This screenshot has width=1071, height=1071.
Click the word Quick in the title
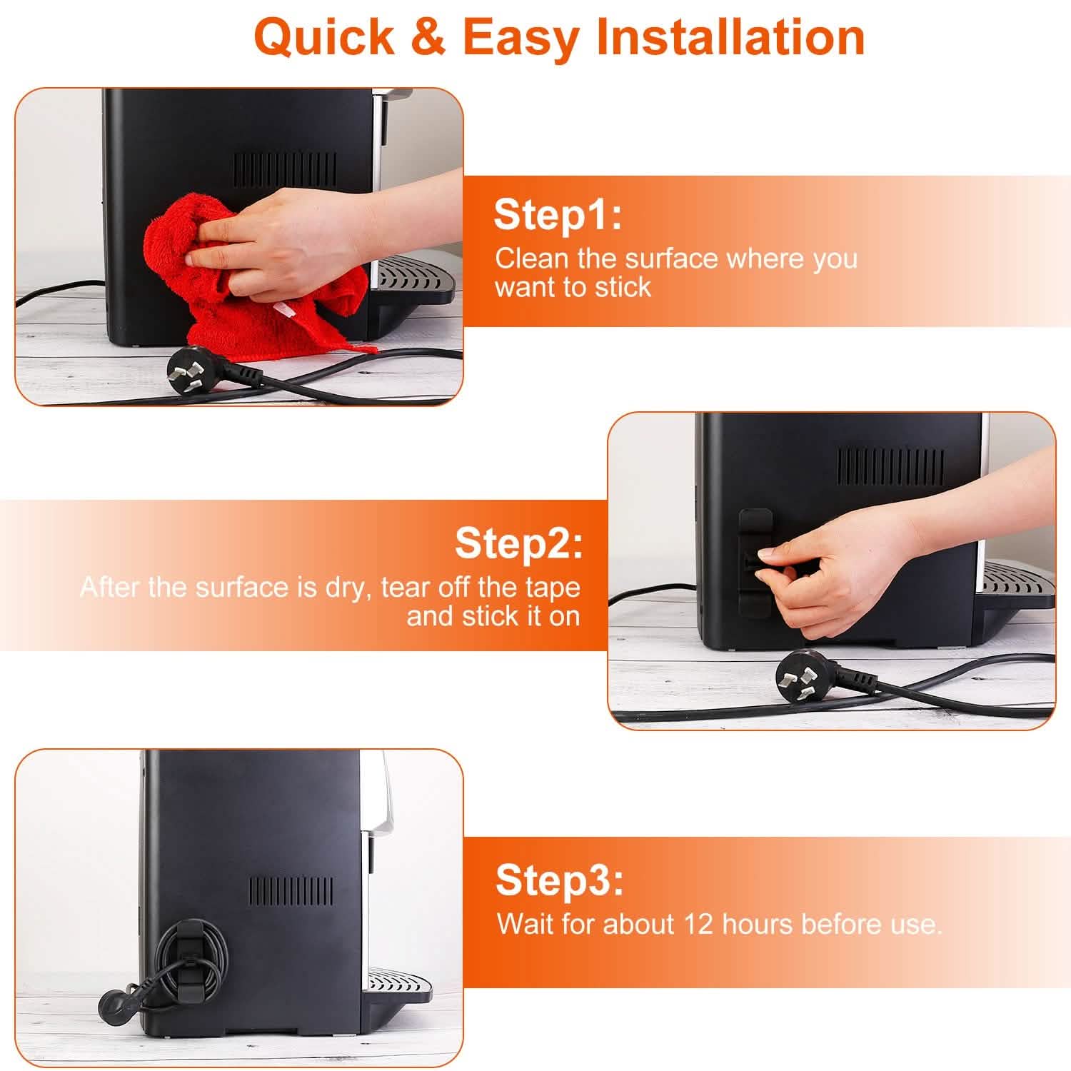[x=324, y=37]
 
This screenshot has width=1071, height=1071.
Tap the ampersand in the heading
[x=428, y=37]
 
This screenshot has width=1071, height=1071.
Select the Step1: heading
[x=558, y=214]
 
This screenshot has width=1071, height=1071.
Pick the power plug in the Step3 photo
[x=118, y=999]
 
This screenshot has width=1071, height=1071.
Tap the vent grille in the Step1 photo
[x=285, y=169]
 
